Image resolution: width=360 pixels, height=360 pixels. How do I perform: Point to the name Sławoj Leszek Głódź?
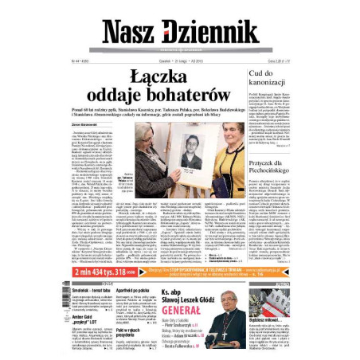pos(191,295)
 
